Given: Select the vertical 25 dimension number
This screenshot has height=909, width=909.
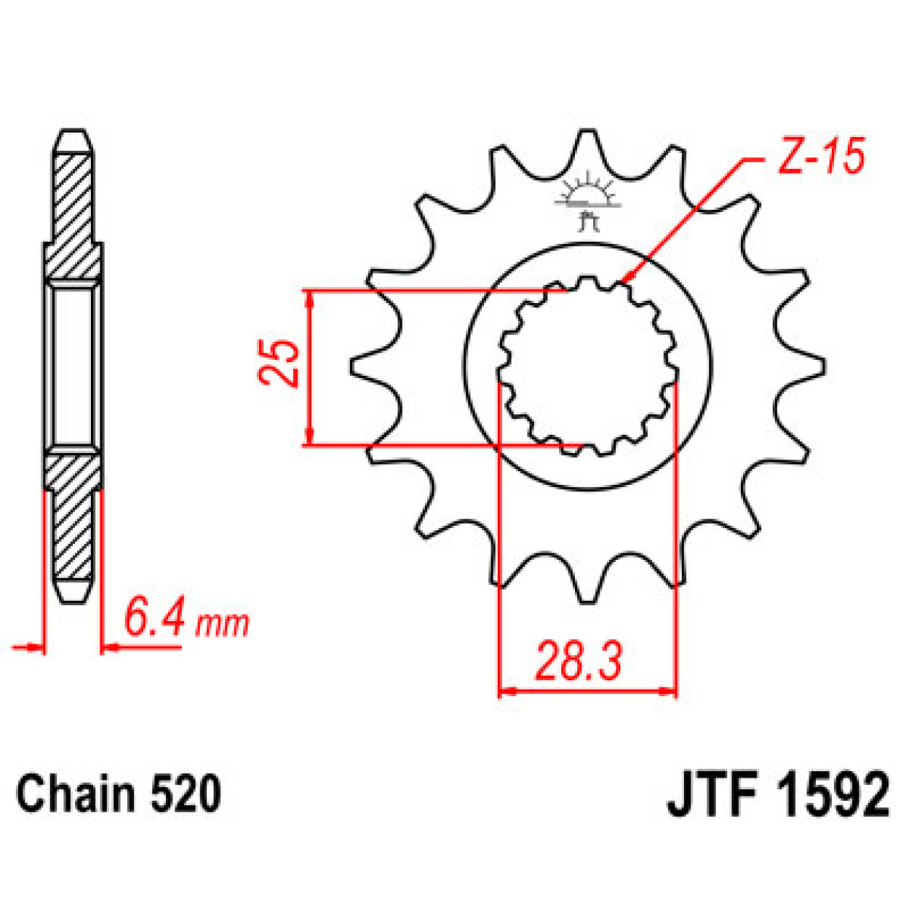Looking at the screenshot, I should click(x=280, y=363).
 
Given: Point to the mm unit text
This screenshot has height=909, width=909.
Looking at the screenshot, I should click(x=222, y=623).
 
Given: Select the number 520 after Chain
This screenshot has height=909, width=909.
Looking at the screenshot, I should click(x=185, y=794).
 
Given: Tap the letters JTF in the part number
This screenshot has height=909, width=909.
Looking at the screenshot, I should click(x=713, y=796).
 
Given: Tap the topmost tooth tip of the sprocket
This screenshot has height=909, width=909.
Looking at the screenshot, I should click(x=589, y=133).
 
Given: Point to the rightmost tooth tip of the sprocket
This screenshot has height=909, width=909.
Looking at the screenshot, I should click(x=823, y=366).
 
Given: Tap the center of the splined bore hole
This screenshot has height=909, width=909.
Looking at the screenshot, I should click(x=588, y=366).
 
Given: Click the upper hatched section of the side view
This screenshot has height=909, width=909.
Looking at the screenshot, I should click(x=73, y=216).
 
